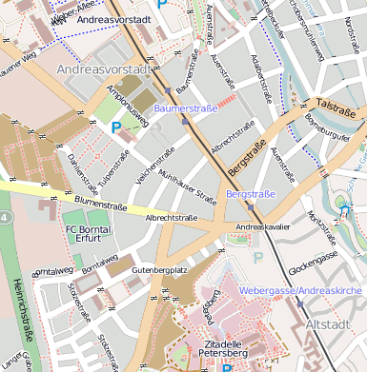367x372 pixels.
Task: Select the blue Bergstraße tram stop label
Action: pyautogui.click(x=251, y=194)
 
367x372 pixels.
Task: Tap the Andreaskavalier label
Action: pyautogui.click(x=266, y=227)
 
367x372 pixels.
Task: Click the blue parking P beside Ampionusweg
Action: pyautogui.click(x=116, y=126)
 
